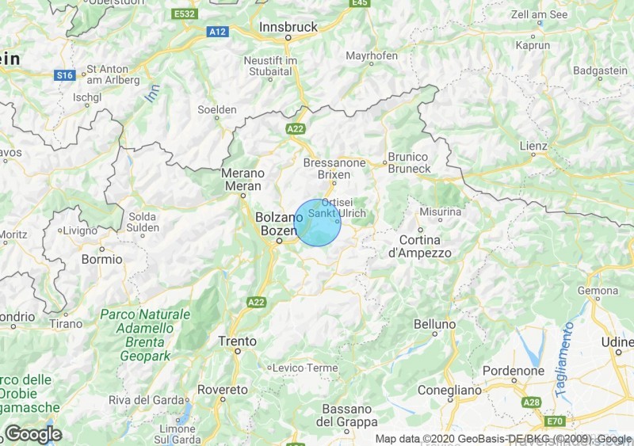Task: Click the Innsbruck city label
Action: point(288,27)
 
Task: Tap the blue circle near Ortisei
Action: point(318,223)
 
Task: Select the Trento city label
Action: point(237,341)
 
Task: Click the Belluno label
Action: point(435,325)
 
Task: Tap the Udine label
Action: point(617,341)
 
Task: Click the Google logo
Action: point(33,434)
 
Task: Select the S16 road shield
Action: point(64,75)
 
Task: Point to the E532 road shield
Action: point(184,14)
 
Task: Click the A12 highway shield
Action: point(217,31)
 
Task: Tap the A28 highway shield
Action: point(533,403)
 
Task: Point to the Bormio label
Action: point(102,259)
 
